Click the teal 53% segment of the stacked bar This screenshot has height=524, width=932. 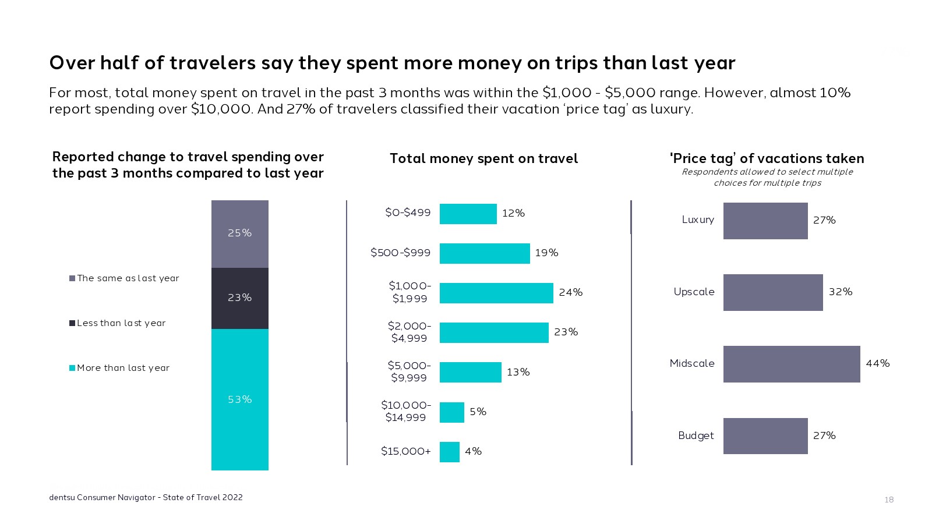(x=239, y=399)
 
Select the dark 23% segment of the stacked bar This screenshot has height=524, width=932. (x=239, y=298)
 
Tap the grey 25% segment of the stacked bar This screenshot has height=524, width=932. (x=239, y=233)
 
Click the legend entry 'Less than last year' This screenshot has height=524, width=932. (x=121, y=323)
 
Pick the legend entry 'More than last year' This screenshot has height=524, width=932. (x=123, y=368)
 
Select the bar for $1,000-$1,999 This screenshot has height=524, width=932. (x=496, y=293)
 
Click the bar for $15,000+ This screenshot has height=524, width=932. (x=449, y=452)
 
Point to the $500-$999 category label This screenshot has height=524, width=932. (x=401, y=253)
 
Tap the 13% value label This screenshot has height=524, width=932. (x=518, y=372)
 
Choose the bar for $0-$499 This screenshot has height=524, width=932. (x=468, y=214)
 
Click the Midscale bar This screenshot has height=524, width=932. (x=791, y=364)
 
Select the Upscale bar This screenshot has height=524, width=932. (x=772, y=292)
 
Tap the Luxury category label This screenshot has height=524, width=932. (x=698, y=220)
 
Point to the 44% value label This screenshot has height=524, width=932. (x=877, y=363)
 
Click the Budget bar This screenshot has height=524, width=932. (x=765, y=436)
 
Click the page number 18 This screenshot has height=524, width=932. (x=889, y=500)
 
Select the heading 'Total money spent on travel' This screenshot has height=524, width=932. (x=483, y=158)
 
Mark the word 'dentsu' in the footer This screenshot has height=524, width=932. (x=62, y=497)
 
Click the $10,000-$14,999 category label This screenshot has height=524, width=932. (x=406, y=411)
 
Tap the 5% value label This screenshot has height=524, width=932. (x=478, y=412)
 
